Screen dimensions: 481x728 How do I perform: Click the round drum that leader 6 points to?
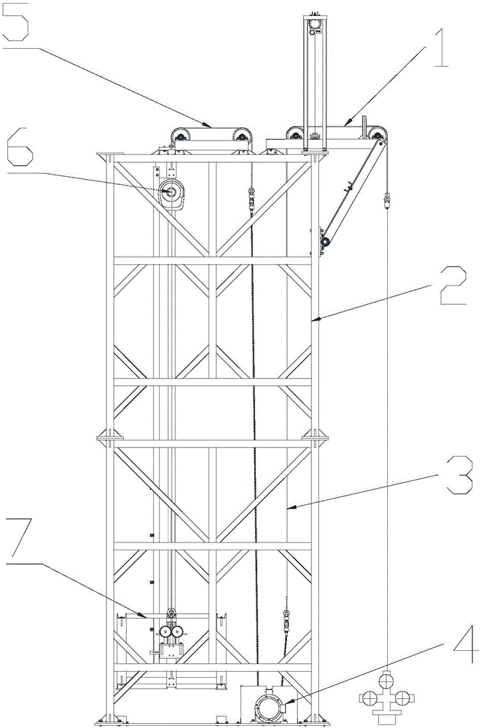coord(173,193)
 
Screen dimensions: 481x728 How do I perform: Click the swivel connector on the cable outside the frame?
coord(386,198)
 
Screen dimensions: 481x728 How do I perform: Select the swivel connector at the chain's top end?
coord(251,197)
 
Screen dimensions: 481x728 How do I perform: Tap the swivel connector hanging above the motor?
coord(286,618)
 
